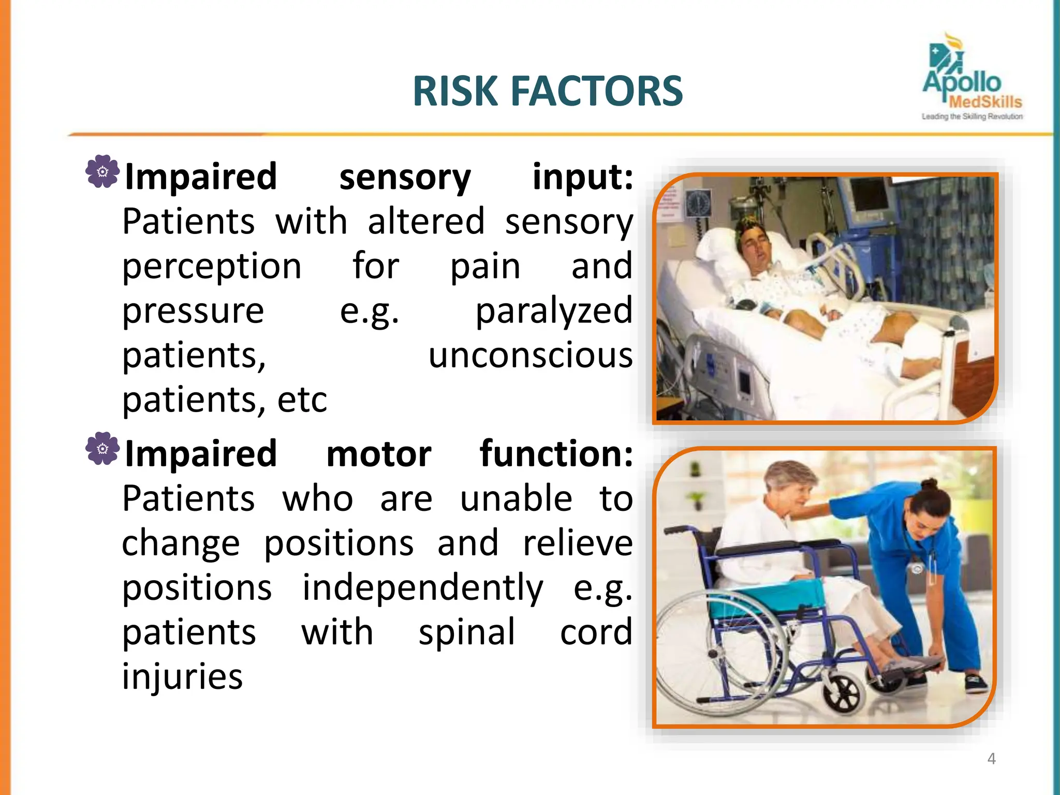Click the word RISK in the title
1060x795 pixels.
(x=455, y=92)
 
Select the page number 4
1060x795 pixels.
(x=991, y=759)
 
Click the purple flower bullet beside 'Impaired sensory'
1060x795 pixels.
(x=102, y=171)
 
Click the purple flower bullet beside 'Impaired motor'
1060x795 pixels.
(x=102, y=448)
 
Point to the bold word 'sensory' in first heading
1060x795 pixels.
(x=405, y=178)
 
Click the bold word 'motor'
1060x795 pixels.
(x=379, y=454)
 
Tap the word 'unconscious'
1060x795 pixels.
(x=531, y=356)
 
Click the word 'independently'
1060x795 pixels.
(x=423, y=588)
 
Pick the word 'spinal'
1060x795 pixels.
(x=467, y=632)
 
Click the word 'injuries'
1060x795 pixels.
(x=182, y=677)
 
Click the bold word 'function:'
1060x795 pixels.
(x=556, y=454)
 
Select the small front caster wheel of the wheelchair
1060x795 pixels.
(x=844, y=694)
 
